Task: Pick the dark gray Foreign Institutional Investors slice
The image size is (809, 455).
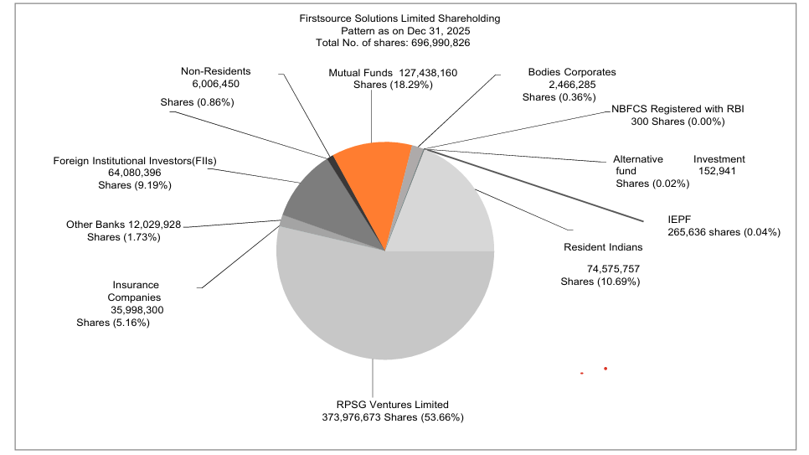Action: click(322, 197)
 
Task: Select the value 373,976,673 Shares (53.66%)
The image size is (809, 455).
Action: click(393, 416)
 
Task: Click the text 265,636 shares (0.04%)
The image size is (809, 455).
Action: click(724, 232)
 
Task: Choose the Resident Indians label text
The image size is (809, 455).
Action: click(603, 247)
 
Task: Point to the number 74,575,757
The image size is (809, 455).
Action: click(614, 269)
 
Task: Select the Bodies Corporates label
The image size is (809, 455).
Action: click(571, 72)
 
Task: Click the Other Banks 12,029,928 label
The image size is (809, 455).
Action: click(123, 225)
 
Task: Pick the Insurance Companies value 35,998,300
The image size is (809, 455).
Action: click(137, 309)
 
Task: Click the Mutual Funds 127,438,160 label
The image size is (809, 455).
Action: click(404, 73)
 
